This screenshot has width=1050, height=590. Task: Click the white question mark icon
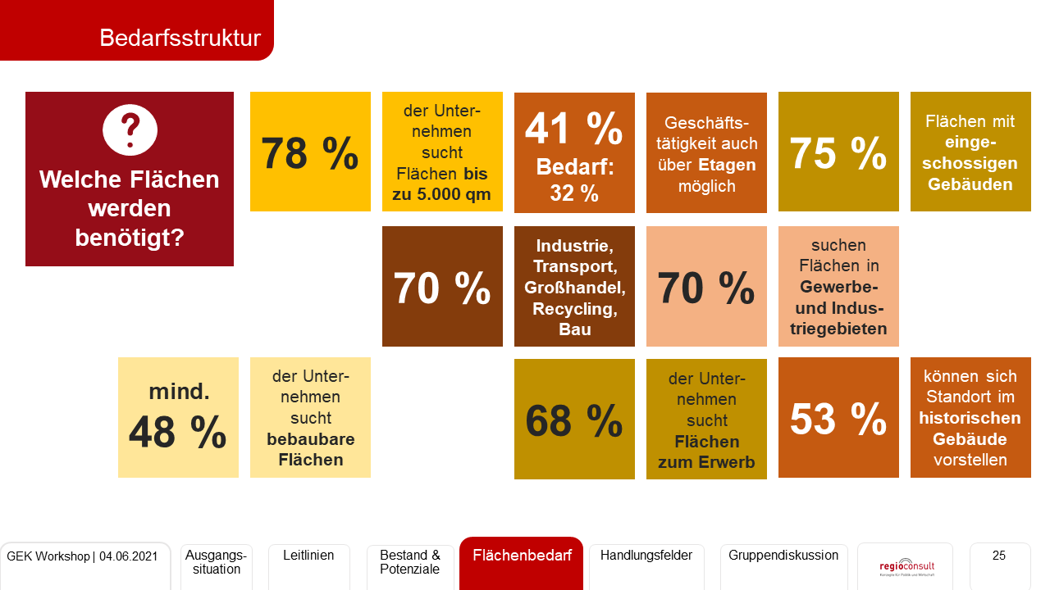point(130,129)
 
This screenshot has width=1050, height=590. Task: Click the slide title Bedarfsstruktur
point(180,38)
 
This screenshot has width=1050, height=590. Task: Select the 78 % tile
point(310,152)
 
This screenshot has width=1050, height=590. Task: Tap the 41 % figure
point(573,127)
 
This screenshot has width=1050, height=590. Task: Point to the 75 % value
point(838,152)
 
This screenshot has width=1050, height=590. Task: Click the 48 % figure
point(177,431)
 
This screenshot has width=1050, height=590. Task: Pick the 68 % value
point(573,420)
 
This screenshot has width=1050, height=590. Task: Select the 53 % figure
point(838,418)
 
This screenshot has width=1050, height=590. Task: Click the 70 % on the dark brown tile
point(441,287)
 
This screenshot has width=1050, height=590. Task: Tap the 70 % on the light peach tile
point(705,287)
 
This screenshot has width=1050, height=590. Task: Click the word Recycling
point(574,309)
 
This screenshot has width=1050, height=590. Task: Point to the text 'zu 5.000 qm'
point(442,194)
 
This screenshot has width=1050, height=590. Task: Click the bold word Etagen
point(727,165)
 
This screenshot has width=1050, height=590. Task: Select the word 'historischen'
point(970,418)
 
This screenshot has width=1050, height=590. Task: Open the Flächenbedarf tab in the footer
point(522,556)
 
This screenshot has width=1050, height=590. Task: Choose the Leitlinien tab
point(308,556)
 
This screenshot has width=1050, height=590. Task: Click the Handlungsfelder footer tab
point(646,556)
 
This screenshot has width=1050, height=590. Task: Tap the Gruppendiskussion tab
point(783,556)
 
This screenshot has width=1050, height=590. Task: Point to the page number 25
point(998,556)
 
